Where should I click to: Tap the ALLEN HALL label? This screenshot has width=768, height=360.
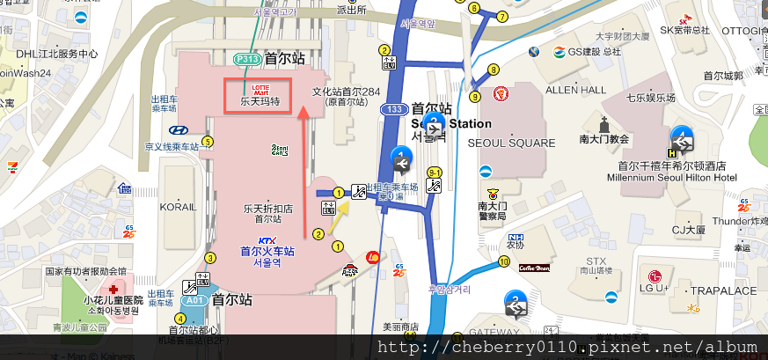coord(576,90)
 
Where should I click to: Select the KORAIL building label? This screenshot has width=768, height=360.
coord(178,207)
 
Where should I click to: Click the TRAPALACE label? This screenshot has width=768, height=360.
coord(723,290)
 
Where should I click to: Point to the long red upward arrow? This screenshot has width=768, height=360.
coord(304,172)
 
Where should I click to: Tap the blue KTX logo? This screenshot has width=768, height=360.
coord(267,240)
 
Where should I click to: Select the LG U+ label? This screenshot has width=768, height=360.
coord(655,288)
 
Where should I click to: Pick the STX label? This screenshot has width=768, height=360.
coord(596,261)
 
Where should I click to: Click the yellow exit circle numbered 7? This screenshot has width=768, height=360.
coord(502,16)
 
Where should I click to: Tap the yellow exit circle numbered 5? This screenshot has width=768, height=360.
coord(208,140)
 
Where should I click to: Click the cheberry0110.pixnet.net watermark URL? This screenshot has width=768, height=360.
coord(567,347)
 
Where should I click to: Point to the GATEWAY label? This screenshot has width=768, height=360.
coord(494,332)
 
